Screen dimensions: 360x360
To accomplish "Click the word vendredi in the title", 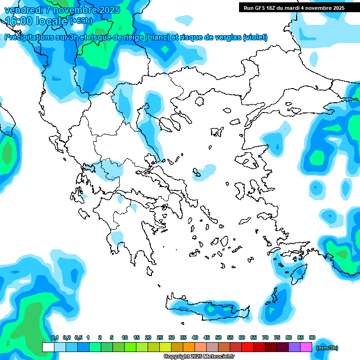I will click(23, 10).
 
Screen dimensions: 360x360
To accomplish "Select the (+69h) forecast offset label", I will click(81, 21).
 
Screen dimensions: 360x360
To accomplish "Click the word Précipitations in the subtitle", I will click(28, 37).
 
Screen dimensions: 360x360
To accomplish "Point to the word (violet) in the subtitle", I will click(255, 37).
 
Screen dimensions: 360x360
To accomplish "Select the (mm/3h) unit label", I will click(327, 348).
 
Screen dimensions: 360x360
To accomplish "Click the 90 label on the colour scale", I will click(312, 337).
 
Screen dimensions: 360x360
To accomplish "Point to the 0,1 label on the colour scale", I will click(55, 337).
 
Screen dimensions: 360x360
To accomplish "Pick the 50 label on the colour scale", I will click(218, 337).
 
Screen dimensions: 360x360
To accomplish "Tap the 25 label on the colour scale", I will click(160, 337).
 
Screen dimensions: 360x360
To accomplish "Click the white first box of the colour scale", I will click(48, 347).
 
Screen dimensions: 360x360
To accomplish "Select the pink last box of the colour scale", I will click(307, 347).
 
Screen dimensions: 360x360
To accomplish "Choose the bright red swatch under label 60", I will click(247, 347).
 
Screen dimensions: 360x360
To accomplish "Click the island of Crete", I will click(206, 309).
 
